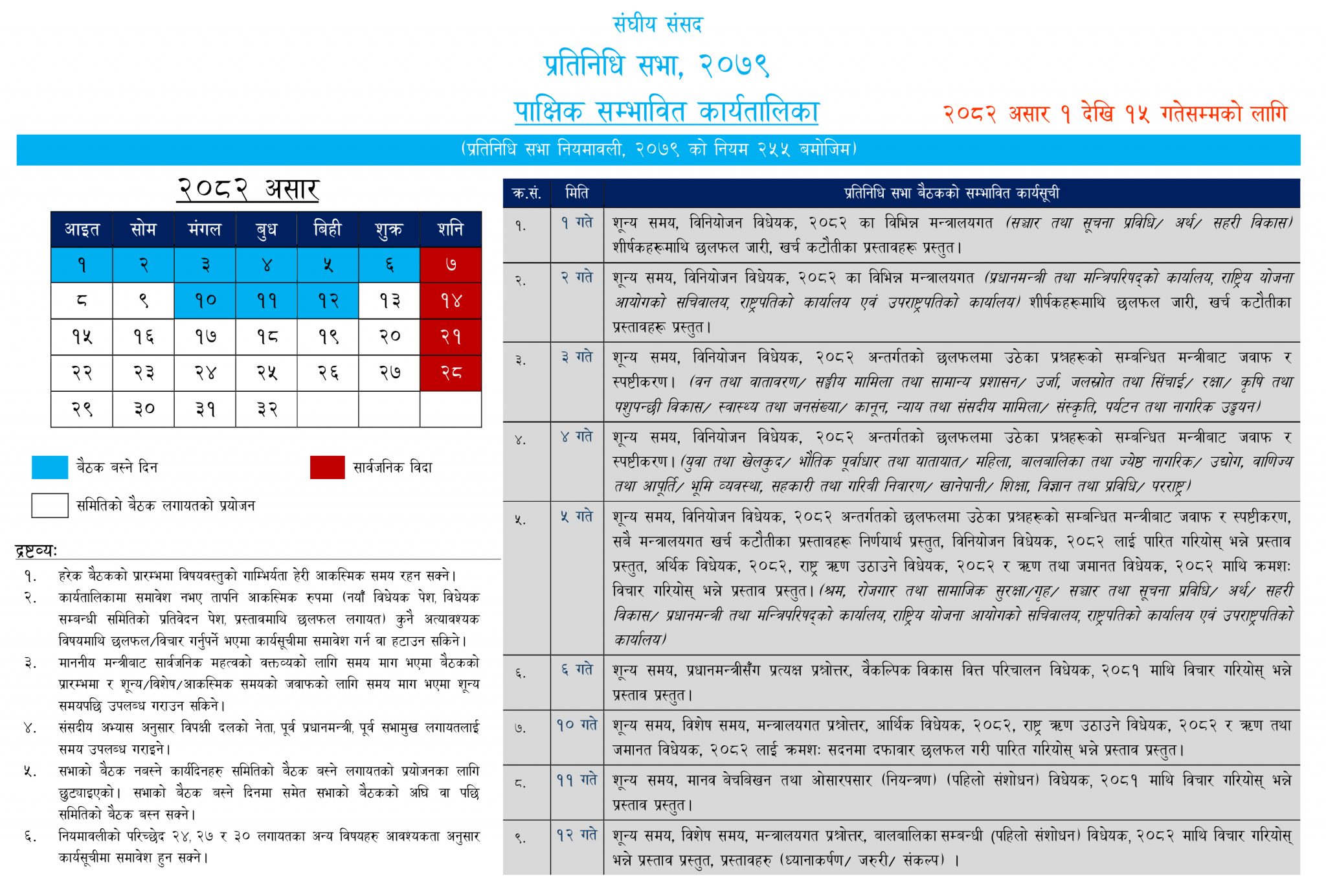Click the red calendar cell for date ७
(451, 264)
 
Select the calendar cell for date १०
(205, 300)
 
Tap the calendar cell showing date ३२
(266, 409)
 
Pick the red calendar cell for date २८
(451, 372)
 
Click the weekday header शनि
(451, 229)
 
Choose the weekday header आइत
(82, 229)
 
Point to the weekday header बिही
(328, 229)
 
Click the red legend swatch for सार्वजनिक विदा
(327, 468)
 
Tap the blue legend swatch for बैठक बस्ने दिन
(50, 468)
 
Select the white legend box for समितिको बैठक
(50, 506)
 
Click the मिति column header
(577, 193)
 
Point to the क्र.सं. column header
(526, 193)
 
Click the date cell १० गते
(577, 725)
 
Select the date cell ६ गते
(577, 670)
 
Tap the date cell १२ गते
(577, 835)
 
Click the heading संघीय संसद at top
(658, 25)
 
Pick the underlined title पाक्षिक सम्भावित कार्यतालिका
(666, 112)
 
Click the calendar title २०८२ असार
(248, 189)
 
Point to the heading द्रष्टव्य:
(36, 551)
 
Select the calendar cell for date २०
(390, 337)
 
